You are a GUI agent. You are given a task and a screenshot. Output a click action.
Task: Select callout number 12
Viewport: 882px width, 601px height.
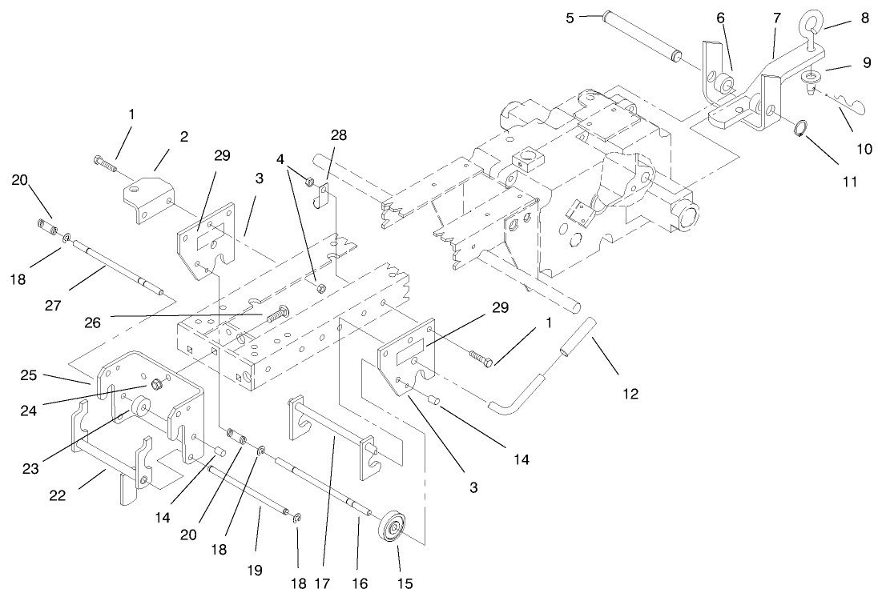630,393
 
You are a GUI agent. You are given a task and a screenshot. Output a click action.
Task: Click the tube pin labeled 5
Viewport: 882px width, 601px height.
641,36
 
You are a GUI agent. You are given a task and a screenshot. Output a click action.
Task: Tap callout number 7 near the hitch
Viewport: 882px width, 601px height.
775,17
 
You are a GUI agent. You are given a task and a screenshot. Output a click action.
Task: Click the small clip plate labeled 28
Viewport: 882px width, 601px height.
324,195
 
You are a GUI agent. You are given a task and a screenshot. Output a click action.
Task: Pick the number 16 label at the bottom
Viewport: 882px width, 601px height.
359,583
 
